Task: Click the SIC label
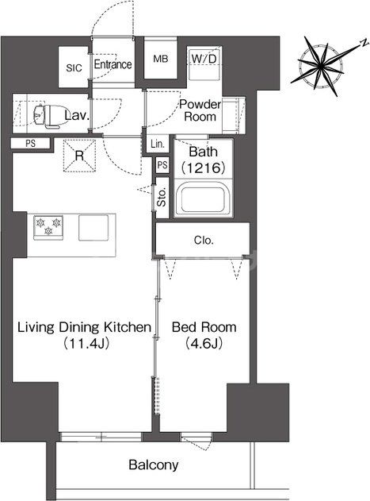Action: (74, 68)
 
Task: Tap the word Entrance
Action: (113, 64)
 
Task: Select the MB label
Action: (161, 59)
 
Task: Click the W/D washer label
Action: (204, 59)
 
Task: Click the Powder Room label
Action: (200, 110)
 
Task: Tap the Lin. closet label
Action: (158, 144)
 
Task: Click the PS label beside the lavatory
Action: (31, 144)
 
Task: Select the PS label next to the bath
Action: (162, 165)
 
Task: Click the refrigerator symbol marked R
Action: (79, 156)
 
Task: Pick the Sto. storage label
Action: (162, 198)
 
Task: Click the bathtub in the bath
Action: (203, 199)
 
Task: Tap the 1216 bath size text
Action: (203, 168)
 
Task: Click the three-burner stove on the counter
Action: (48, 227)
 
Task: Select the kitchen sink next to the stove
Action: (93, 228)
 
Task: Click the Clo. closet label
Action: (204, 241)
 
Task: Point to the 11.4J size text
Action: (86, 344)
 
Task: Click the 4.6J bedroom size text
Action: (203, 344)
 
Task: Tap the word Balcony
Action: (154, 465)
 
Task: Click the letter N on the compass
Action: (363, 44)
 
